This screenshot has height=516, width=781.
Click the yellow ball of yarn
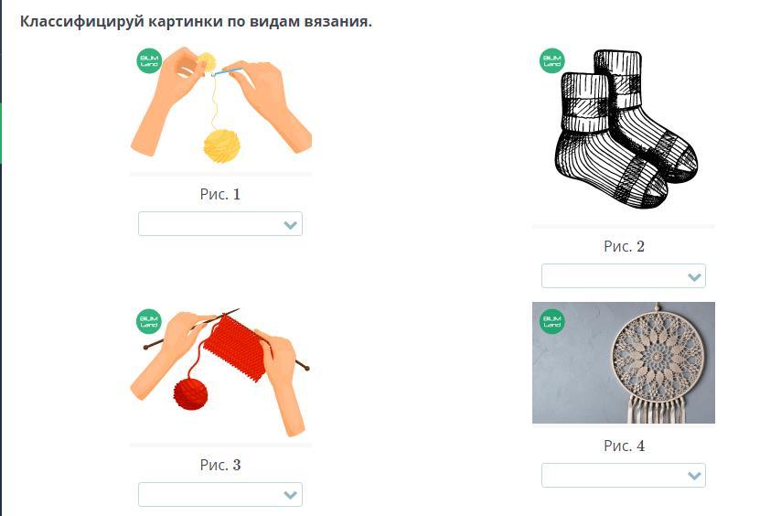(x=221, y=145)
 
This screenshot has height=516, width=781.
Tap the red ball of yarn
(x=190, y=393)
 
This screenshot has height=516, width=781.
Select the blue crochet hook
(x=227, y=72)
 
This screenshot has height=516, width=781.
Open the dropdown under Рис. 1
(x=220, y=224)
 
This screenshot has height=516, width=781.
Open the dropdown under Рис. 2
(x=624, y=276)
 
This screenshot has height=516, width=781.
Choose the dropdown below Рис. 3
(x=220, y=495)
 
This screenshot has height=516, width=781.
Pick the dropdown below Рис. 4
(x=624, y=475)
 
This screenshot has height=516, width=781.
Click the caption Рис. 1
(x=220, y=194)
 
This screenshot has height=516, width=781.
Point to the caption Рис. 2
(x=624, y=246)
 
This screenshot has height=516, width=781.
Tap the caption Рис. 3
(x=220, y=465)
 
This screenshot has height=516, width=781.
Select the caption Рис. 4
(x=624, y=446)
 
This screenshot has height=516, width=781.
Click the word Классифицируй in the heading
(x=82, y=22)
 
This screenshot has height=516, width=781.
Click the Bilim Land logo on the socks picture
(x=551, y=60)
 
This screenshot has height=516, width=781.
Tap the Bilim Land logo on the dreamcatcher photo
(x=551, y=321)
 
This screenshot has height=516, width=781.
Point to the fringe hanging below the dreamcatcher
(x=658, y=409)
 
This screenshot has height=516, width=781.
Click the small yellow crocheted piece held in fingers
(x=206, y=62)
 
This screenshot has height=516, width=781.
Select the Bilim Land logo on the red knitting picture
(x=149, y=321)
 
